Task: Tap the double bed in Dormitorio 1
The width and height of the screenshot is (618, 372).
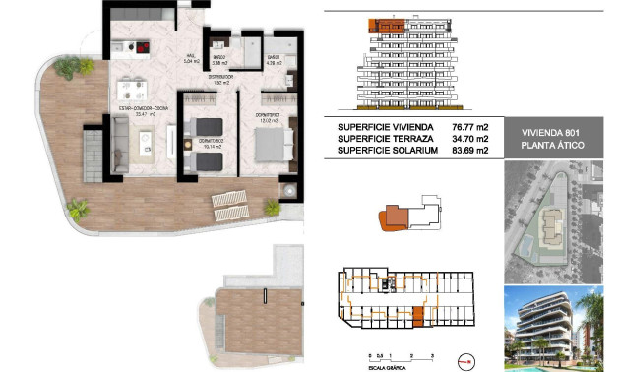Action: click(271, 143)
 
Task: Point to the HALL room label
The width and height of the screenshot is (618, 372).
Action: click(190, 55)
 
